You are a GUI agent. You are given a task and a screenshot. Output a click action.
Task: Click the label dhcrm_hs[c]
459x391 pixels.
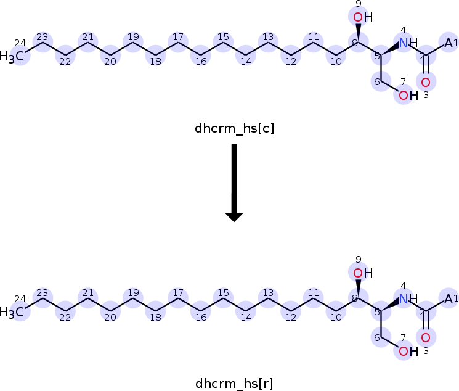pos(235,128)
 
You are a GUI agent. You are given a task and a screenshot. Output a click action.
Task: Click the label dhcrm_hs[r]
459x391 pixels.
pos(234,384)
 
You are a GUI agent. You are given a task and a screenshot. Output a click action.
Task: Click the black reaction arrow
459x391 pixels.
pos(234,183)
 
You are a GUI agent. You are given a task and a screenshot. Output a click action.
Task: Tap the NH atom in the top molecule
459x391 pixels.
pos(408,43)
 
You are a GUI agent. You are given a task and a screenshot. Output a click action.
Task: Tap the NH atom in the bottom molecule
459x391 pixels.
pos(408,299)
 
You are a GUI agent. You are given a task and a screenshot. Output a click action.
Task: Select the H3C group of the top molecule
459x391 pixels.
pos(12,56)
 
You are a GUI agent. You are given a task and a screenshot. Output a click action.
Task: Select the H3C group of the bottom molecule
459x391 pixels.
pos(12,312)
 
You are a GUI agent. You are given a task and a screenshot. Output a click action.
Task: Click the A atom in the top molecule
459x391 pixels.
pos(448,43)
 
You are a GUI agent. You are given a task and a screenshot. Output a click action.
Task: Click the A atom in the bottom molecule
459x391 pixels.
pos(448,299)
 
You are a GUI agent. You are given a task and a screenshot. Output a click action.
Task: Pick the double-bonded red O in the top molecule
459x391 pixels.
pos(426,83)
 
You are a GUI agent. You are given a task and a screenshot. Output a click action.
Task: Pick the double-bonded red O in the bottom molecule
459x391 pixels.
pos(426,338)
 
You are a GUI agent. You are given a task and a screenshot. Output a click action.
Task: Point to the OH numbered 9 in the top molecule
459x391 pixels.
pos(363,17)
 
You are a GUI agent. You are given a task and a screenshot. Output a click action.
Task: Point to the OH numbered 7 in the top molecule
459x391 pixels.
pos(408,95)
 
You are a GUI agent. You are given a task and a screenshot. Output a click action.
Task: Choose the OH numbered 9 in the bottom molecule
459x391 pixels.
pos(363,273)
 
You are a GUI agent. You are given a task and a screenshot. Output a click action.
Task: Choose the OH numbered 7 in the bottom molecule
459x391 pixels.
pos(408,351)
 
